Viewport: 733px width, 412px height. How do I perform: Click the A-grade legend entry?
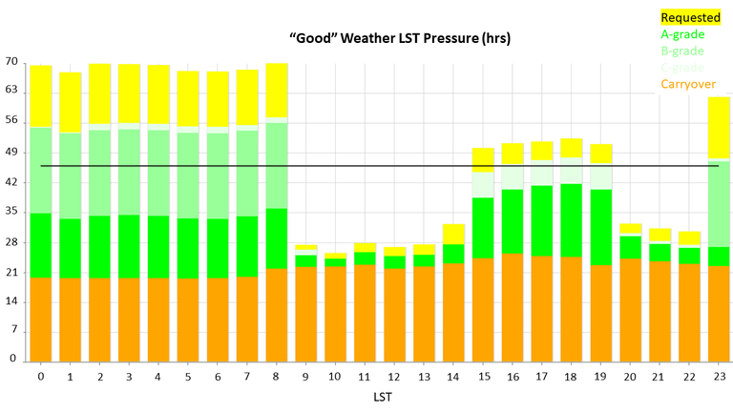(681, 34)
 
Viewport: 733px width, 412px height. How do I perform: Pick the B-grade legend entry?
(681, 51)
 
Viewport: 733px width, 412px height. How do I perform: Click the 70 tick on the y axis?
(11, 62)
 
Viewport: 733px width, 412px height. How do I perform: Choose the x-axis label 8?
(277, 376)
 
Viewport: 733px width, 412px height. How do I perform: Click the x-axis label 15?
(483, 376)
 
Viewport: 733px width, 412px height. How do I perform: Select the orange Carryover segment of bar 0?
(41, 319)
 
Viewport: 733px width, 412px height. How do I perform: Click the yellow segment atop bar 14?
(454, 234)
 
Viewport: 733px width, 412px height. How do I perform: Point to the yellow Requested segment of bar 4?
(158, 93)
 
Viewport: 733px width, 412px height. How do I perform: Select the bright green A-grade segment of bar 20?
(631, 247)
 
